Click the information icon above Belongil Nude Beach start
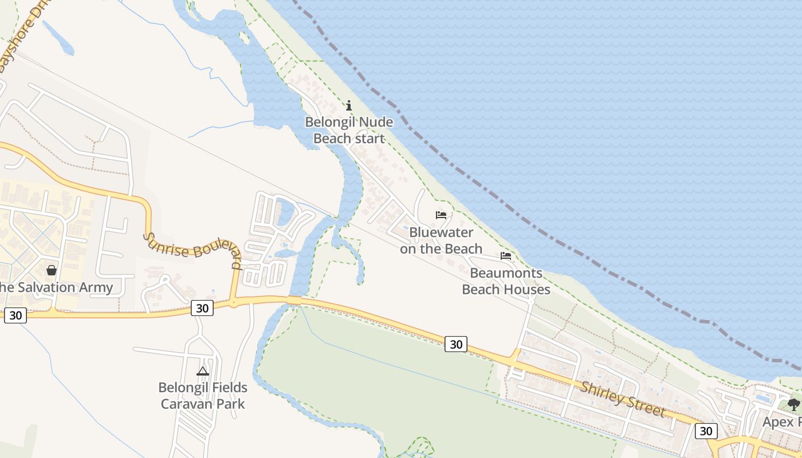click(x=349, y=105)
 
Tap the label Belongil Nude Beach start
click(x=349, y=130)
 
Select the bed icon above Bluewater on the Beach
click(x=441, y=215)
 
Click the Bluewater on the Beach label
click(x=441, y=240)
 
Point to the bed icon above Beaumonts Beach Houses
click(x=506, y=256)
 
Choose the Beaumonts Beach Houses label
click(x=506, y=281)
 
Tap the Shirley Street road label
click(x=623, y=399)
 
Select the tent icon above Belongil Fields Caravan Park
click(x=203, y=371)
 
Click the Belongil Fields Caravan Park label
click(x=203, y=396)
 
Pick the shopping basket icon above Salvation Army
click(x=52, y=270)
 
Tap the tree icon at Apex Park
click(x=793, y=404)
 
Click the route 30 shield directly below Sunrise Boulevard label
click(x=202, y=308)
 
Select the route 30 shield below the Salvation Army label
click(x=15, y=315)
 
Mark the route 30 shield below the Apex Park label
click(x=706, y=431)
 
